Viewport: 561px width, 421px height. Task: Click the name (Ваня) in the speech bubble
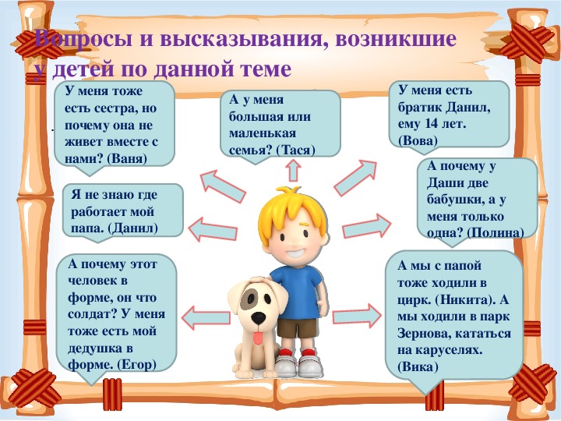coord(127,158)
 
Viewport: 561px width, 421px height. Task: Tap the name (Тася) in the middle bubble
coord(295,150)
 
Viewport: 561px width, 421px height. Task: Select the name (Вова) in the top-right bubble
coord(418,140)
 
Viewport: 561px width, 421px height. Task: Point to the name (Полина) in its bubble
coord(496,233)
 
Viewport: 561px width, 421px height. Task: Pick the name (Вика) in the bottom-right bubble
coord(418,367)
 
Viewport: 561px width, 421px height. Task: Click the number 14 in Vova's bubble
coord(432,124)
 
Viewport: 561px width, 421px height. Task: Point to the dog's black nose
coord(259,317)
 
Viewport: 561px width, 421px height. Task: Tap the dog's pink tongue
coord(257,338)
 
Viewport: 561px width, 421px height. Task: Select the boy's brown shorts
coord(298,328)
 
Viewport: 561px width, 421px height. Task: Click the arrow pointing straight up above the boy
coord(294,170)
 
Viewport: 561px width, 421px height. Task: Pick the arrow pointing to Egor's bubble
coord(206,318)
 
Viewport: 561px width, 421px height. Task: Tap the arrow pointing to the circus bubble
coord(357,316)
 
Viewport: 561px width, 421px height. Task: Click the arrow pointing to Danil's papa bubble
coord(213,229)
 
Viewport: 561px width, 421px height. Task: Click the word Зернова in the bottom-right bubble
coord(422,334)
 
